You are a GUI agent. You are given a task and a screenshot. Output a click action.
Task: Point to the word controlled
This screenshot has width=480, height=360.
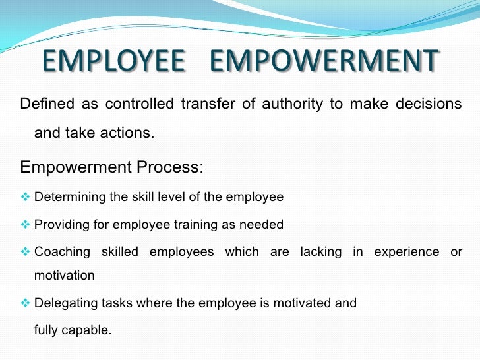pyautogui.click(x=139, y=104)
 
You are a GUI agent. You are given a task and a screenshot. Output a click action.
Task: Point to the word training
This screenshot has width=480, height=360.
pyautogui.click(x=195, y=225)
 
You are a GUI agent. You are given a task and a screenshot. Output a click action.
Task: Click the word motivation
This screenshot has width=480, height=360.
pyautogui.click(x=64, y=276)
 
